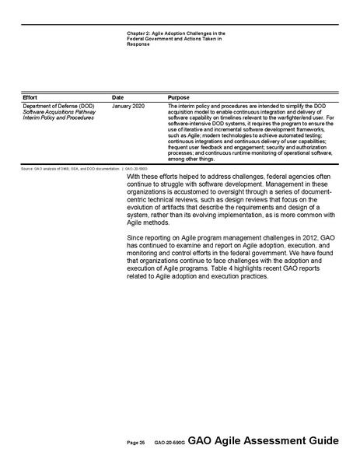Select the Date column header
coord(117,96)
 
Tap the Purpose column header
coord(178,96)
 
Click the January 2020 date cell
coord(128,105)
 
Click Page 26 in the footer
coord(136,442)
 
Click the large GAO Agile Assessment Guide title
coord(264,440)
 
